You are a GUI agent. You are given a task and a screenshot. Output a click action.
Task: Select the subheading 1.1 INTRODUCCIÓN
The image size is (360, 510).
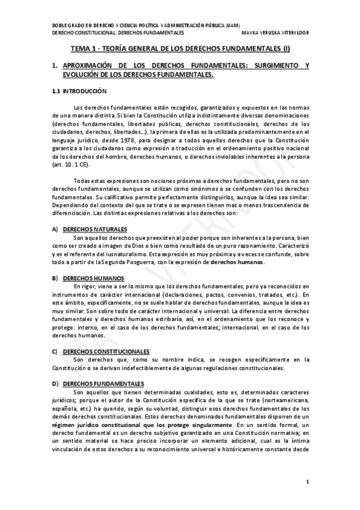click(x=79, y=91)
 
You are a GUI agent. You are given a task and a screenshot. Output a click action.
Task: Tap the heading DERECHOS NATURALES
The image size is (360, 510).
click(x=95, y=230)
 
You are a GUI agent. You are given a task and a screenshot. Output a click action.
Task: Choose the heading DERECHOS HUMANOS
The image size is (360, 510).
click(x=93, y=278)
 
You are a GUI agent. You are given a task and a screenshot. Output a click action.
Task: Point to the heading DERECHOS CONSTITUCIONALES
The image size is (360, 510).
click(x=106, y=352)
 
